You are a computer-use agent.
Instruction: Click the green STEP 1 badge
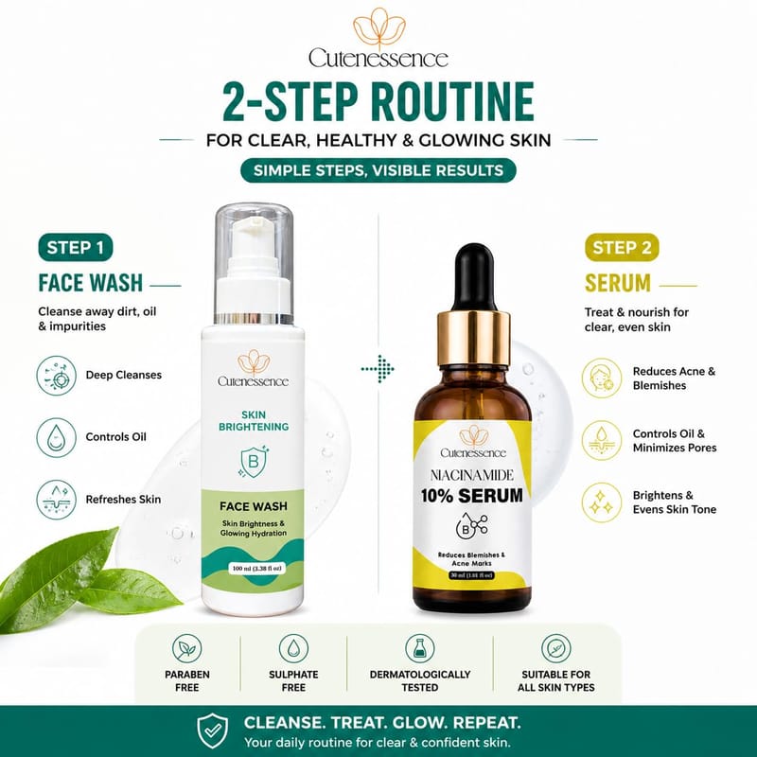click(76, 248)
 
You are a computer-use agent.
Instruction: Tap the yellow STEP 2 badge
click(622, 248)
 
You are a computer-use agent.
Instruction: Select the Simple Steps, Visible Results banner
click(378, 170)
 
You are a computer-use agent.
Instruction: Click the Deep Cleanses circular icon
click(57, 375)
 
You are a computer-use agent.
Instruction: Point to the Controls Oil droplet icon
click(57, 437)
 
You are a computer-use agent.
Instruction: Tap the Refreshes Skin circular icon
click(57, 500)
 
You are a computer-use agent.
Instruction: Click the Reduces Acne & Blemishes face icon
click(602, 378)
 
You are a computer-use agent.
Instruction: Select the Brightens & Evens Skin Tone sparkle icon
click(602, 502)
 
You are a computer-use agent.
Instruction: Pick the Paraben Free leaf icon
click(186, 648)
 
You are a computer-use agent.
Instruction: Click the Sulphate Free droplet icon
click(293, 648)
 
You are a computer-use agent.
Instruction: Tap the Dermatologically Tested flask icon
click(419, 648)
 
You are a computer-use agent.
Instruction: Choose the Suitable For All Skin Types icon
click(556, 648)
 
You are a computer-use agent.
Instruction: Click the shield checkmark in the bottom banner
click(213, 731)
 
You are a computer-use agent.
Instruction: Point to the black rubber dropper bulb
click(475, 277)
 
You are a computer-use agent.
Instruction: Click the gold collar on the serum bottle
click(474, 339)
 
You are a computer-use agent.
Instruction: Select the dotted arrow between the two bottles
click(378, 369)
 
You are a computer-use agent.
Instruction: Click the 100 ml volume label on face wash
click(256, 569)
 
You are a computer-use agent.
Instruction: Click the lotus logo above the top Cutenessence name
click(379, 28)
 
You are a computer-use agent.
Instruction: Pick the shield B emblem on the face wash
click(254, 462)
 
